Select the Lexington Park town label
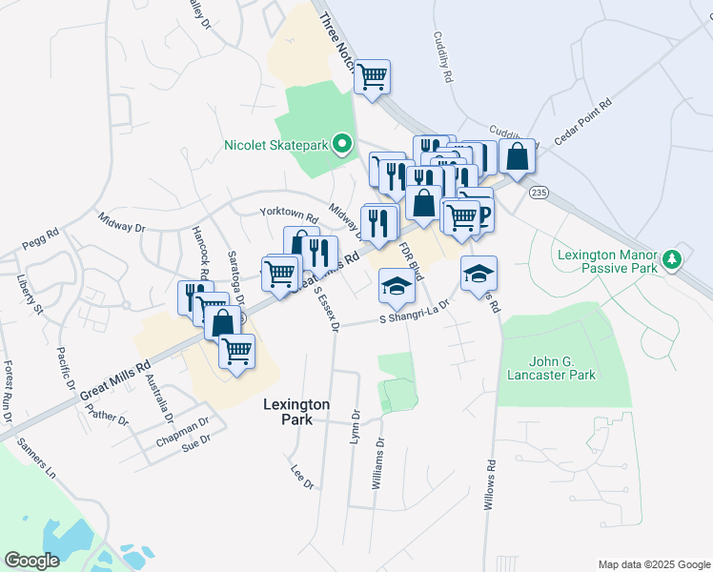point(296,412)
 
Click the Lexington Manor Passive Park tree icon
point(671,258)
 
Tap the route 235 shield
point(540,193)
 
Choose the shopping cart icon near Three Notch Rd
point(372,75)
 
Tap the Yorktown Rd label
point(288,214)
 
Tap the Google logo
point(32,561)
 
